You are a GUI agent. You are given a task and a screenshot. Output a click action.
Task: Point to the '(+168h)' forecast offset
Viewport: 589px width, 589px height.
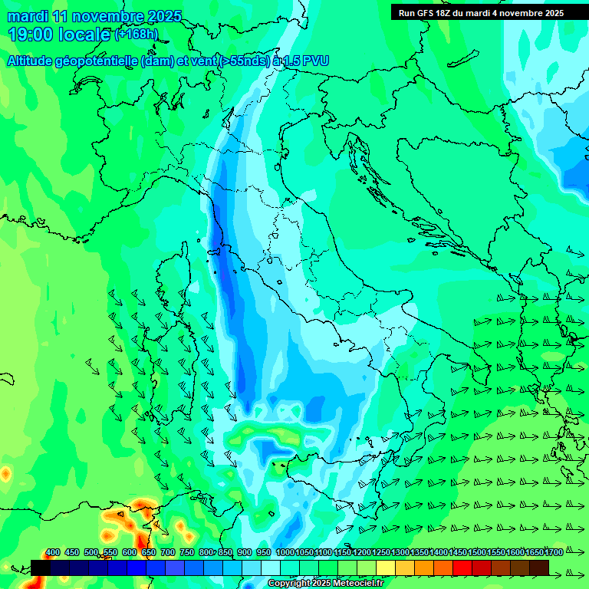point(137,34)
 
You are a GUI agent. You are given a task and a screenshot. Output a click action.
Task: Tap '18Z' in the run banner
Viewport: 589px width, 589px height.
point(444,13)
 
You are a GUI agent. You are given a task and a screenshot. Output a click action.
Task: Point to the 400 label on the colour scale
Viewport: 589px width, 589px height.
point(53,553)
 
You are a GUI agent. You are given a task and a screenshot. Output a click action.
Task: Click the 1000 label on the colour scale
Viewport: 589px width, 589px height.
point(285,553)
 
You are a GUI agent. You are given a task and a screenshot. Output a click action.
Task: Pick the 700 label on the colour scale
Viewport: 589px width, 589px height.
point(168,553)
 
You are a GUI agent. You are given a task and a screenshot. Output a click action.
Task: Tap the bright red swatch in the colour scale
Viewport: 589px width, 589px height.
point(462,568)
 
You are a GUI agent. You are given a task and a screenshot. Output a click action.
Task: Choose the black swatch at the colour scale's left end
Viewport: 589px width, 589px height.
point(41,568)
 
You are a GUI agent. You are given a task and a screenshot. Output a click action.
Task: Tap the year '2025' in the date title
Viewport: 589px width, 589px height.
point(163,16)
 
